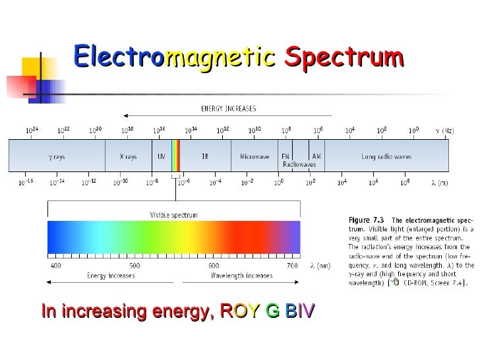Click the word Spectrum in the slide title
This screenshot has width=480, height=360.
pos(344,56)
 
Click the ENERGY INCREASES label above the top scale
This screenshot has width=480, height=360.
pos(228,108)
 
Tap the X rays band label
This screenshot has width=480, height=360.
pos(128,157)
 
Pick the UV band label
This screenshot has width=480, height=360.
pos(161,157)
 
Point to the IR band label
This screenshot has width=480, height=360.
pos(205,157)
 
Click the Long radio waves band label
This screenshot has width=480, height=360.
pos(386,157)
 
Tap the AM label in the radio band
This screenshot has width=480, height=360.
pos(317,156)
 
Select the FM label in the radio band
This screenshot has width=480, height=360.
pos(285,156)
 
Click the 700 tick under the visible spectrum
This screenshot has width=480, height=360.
pos(292,266)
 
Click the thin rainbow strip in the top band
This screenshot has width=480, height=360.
pos(175,157)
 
